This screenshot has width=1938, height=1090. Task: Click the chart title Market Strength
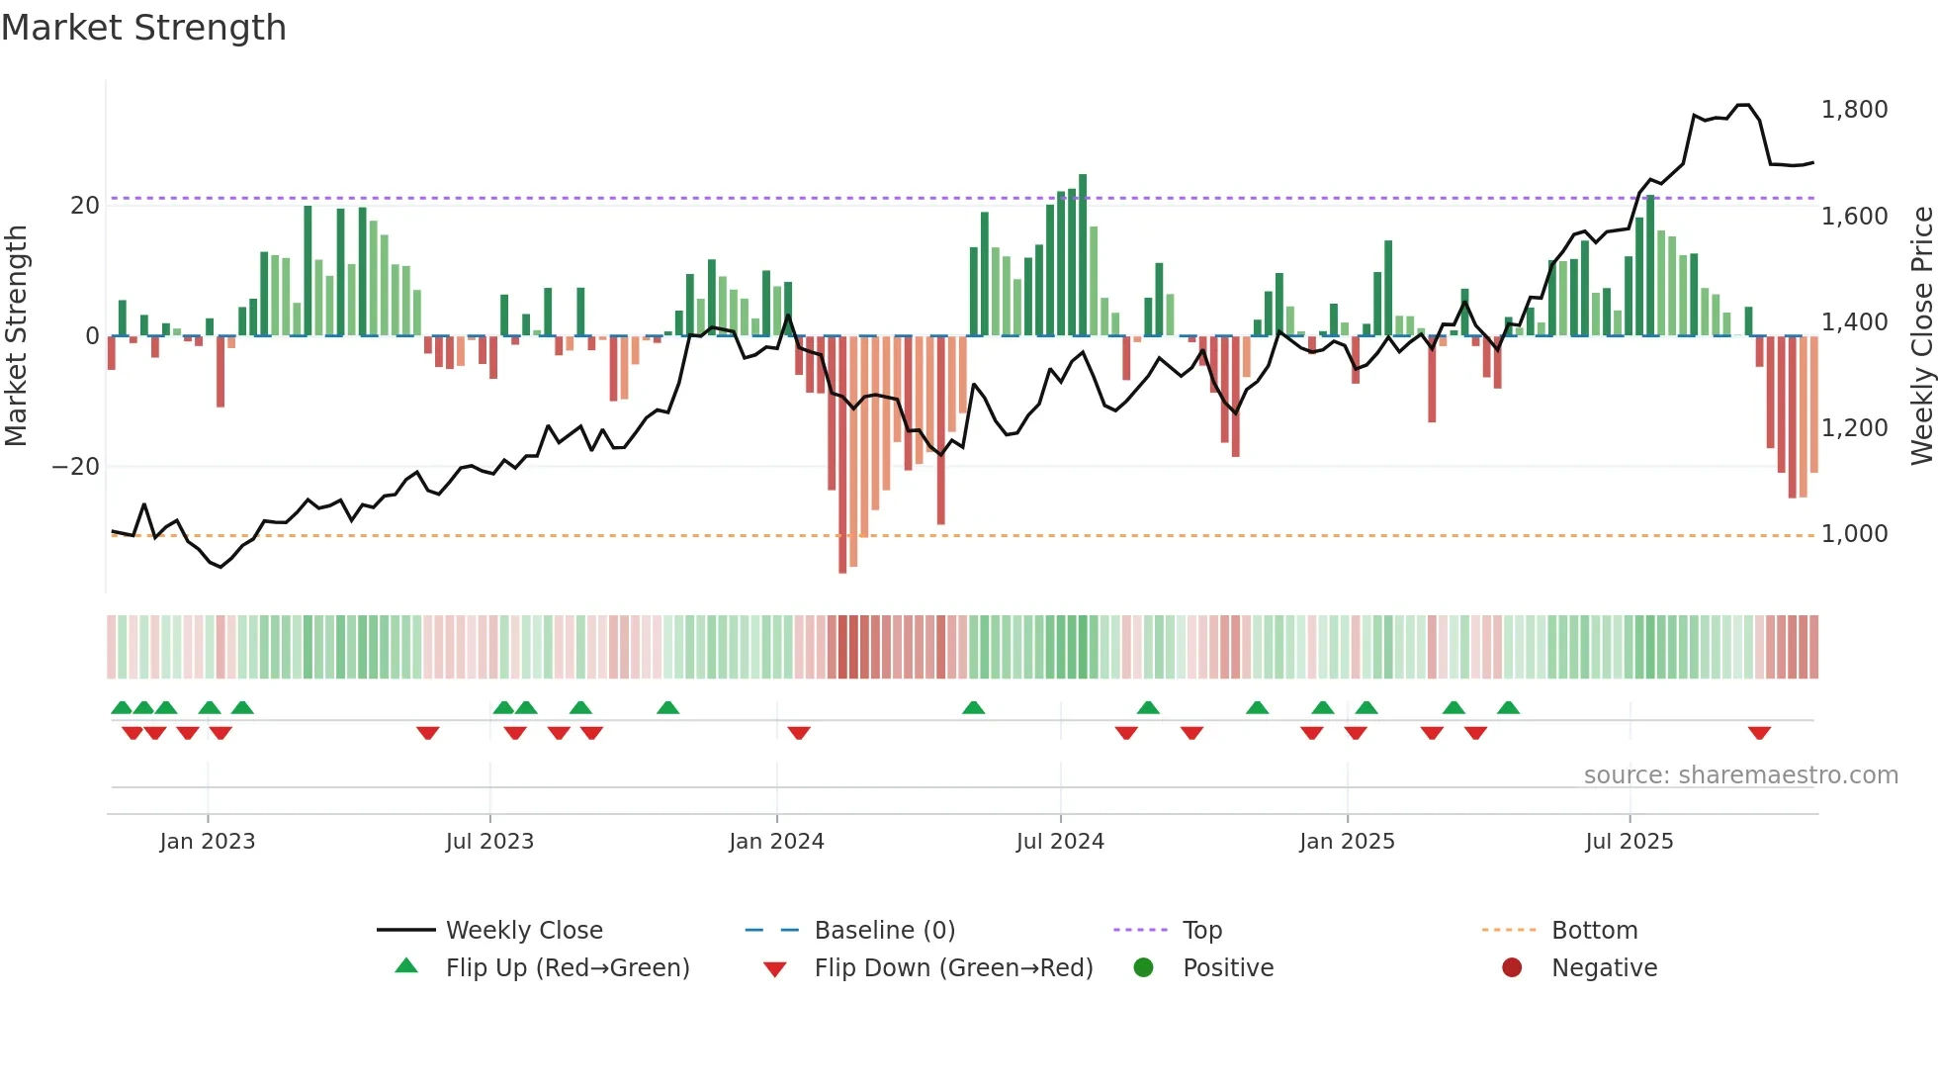pyautogui.click(x=143, y=28)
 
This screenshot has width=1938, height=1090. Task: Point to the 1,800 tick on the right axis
pyautogui.click(x=1854, y=109)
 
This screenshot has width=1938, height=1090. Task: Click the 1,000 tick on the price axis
pyautogui.click(x=1854, y=534)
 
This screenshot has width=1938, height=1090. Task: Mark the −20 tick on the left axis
pyautogui.click(x=76, y=466)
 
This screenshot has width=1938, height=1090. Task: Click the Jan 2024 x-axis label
pyautogui.click(x=776, y=841)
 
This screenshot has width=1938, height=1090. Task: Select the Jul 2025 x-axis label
pyautogui.click(x=1629, y=841)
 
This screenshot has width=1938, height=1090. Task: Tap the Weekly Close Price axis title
pyautogui.click(x=1921, y=336)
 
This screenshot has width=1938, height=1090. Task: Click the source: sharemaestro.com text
pyautogui.click(x=1740, y=774)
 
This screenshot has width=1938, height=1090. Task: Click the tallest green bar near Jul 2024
pyautogui.click(x=1083, y=255)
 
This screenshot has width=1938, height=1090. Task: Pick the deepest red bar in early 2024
pyautogui.click(x=842, y=455)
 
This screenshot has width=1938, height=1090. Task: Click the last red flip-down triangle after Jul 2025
pyautogui.click(x=1759, y=733)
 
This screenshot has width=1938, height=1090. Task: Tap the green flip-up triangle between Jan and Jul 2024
pyautogui.click(x=973, y=707)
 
